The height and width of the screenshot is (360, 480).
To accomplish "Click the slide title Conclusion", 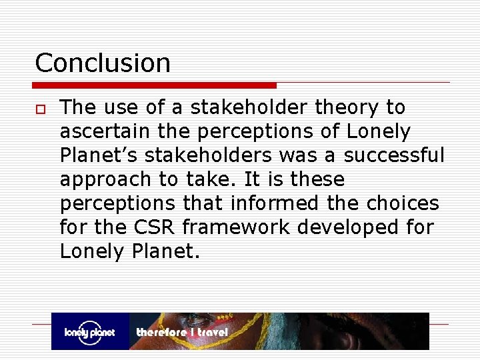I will tap(103, 63).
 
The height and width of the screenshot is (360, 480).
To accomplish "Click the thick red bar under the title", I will tap(155, 85).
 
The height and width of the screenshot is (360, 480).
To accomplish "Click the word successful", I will tap(394, 155).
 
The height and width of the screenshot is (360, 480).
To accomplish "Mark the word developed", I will tap(345, 227).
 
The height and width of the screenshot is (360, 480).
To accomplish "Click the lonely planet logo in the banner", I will tap(90, 331).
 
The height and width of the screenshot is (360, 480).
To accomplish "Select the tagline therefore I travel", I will tap(181, 332).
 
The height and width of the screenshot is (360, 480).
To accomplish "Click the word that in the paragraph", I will tap(203, 203).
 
